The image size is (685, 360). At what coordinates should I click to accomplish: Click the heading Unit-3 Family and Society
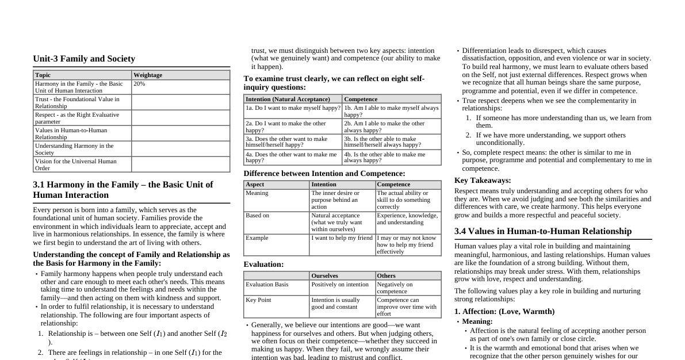[84, 59]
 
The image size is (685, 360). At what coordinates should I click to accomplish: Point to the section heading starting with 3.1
[123, 190]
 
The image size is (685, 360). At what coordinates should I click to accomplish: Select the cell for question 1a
[293, 108]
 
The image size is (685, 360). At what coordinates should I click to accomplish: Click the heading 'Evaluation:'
[263, 265]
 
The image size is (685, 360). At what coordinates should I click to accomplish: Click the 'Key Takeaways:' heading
[483, 181]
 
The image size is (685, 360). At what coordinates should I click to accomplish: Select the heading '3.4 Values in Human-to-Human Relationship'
[543, 231]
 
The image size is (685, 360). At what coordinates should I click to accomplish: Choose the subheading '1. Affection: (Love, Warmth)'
[504, 312]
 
